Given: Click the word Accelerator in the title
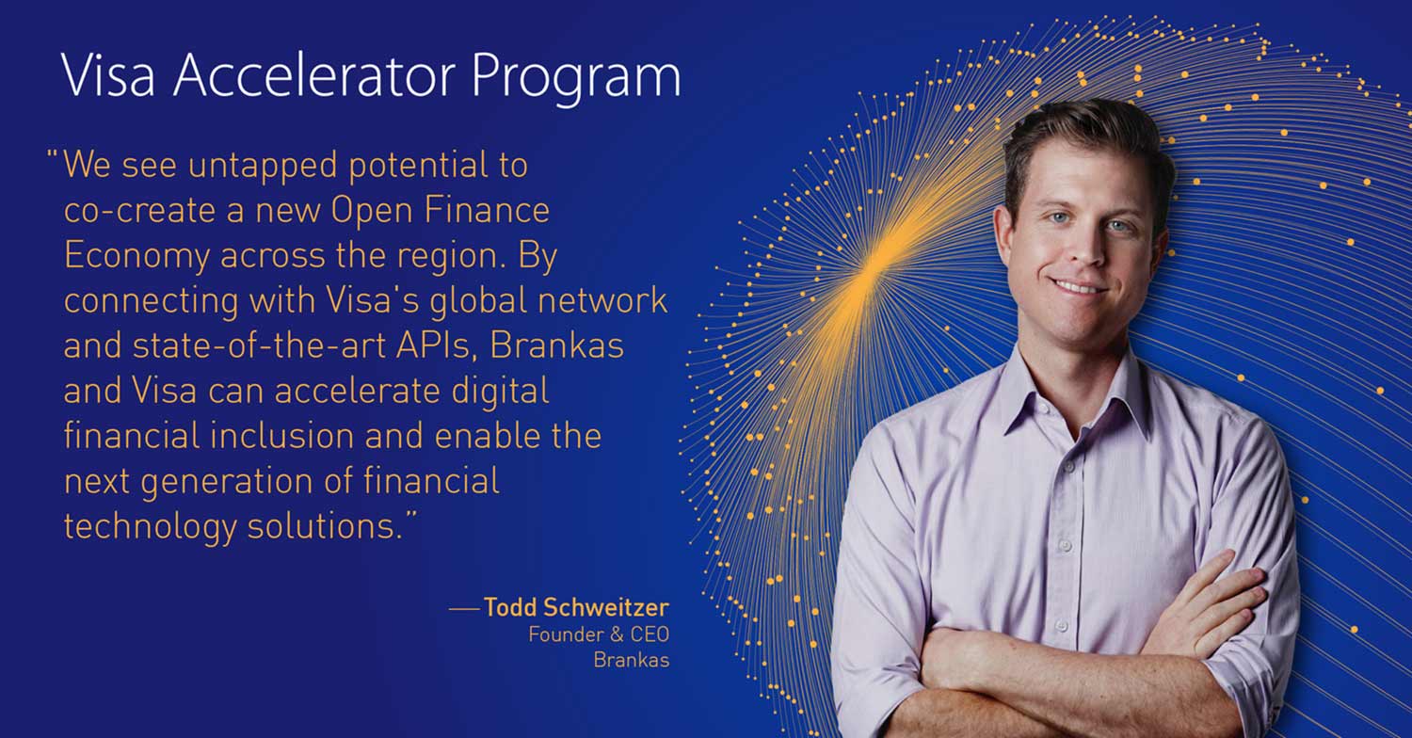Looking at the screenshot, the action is (x=313, y=76).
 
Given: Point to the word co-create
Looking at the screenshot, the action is (x=139, y=210).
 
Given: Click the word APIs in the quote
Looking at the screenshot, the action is (x=434, y=345).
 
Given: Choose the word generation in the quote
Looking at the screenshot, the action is (x=226, y=483).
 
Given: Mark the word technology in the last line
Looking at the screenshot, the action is (x=150, y=527).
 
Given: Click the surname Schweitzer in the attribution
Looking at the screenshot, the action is (x=606, y=607).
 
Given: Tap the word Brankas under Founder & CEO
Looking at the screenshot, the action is (x=631, y=660).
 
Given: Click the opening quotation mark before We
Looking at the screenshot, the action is (x=53, y=155).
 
